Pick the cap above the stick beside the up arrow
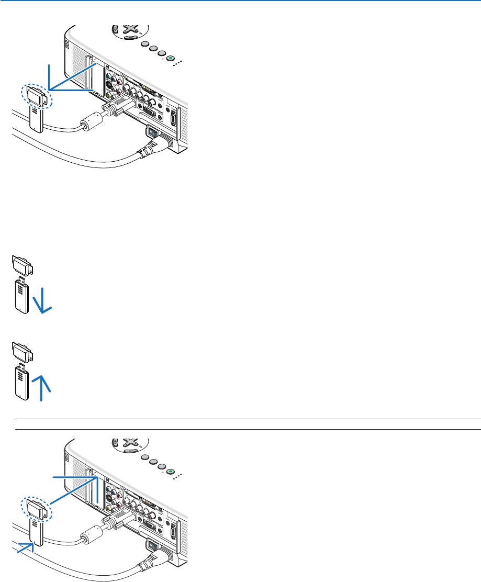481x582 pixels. point(21,351)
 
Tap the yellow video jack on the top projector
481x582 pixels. point(109,95)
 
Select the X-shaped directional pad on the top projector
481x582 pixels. point(127,30)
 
